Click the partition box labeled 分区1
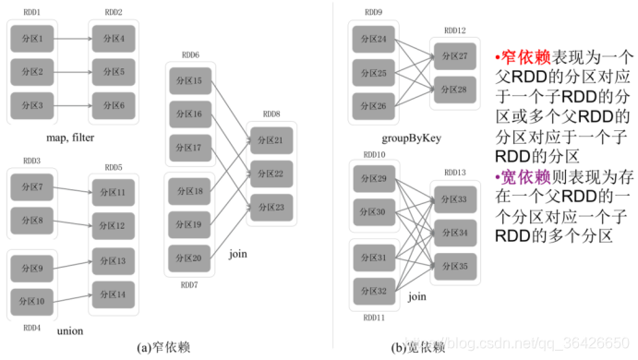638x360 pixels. click(34, 39)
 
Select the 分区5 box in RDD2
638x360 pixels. click(114, 71)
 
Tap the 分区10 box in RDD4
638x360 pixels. click(34, 301)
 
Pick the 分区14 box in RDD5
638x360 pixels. click(114, 294)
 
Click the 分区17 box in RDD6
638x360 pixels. click(191, 147)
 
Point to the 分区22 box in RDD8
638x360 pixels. click(271, 173)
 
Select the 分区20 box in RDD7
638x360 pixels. click(191, 258)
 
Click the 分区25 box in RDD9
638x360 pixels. click(375, 71)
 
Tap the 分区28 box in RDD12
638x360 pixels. click(454, 89)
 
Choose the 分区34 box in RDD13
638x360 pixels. click(455, 233)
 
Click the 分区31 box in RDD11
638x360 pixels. click(375, 258)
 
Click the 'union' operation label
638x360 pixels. click(70, 330)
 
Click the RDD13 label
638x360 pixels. click(454, 173)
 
